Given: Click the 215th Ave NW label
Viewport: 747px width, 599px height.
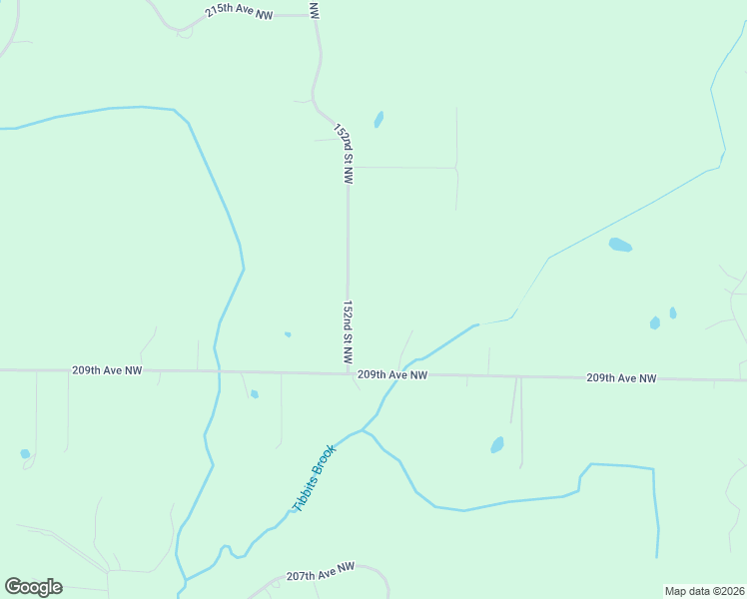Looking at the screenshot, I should coord(240,13).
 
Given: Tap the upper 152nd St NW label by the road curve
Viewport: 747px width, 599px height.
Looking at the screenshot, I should coord(344,154).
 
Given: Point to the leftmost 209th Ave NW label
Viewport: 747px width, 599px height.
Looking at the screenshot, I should coord(107,369).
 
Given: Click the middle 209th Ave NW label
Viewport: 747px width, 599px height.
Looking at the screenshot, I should coord(392,374).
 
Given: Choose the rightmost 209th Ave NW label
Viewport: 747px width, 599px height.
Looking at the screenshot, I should coord(621,378).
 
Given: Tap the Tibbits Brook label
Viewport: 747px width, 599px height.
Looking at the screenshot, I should coord(315,478).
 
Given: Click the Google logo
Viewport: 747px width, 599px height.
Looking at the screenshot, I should coord(33,587).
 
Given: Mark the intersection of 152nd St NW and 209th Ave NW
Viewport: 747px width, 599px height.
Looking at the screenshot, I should coord(348,374).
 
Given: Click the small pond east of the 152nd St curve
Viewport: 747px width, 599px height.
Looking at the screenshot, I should coord(378,120).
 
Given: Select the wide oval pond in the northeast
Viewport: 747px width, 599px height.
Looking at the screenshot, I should coord(620,245).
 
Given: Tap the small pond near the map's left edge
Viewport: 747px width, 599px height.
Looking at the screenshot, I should coord(25,453).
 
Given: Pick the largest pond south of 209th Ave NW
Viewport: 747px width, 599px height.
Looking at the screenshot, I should coord(497,445).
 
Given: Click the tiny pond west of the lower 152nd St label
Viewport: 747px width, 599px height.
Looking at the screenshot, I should coord(288,334).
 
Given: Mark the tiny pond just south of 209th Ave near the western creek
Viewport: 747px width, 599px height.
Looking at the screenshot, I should coord(255,394).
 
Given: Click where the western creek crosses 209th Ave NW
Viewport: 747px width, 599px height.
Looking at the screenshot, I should coord(218,371).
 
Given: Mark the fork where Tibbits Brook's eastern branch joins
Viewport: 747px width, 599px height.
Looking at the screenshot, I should coord(364,430).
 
